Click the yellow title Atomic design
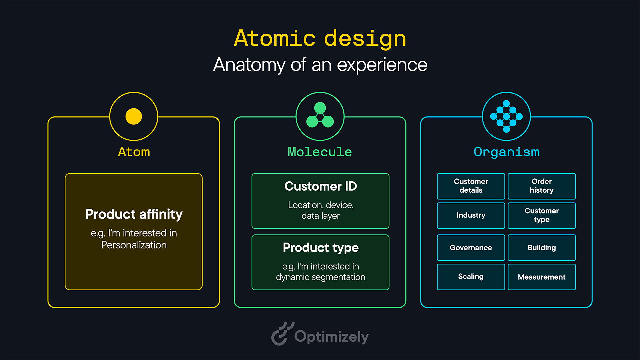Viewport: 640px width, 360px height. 320,38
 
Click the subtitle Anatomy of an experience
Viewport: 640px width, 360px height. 320,65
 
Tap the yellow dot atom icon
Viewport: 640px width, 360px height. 134,116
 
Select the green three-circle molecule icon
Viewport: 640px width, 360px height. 320,116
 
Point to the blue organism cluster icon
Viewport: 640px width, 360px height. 506,116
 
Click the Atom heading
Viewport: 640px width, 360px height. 134,152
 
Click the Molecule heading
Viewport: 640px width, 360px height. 320,152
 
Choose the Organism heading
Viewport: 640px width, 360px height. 506,152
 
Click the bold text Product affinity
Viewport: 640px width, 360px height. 134,214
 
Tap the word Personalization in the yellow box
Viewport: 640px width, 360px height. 134,245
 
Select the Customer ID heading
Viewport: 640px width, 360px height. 320,186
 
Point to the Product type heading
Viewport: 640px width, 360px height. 320,248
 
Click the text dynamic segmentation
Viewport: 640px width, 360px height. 320,277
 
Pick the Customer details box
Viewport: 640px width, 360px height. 471,186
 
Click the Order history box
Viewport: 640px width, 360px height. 542,186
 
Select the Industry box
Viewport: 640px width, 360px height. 471,215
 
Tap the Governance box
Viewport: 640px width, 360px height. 471,248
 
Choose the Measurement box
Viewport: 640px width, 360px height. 542,277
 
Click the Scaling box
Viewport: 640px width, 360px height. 471,277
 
